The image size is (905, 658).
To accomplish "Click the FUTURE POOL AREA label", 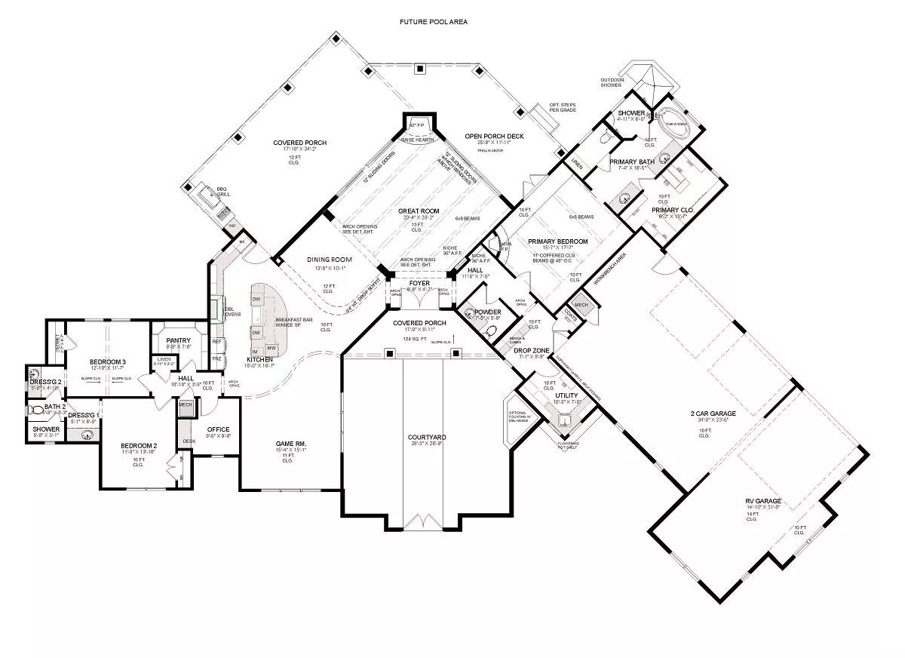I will pos(434,22).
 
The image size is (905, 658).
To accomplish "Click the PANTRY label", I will pos(179,340).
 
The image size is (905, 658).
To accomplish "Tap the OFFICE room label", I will pos(218,429).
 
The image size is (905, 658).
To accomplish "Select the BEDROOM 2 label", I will pos(138,446).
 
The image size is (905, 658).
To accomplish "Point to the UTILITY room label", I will pos(566,395).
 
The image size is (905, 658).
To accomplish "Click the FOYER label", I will pos(419,283).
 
